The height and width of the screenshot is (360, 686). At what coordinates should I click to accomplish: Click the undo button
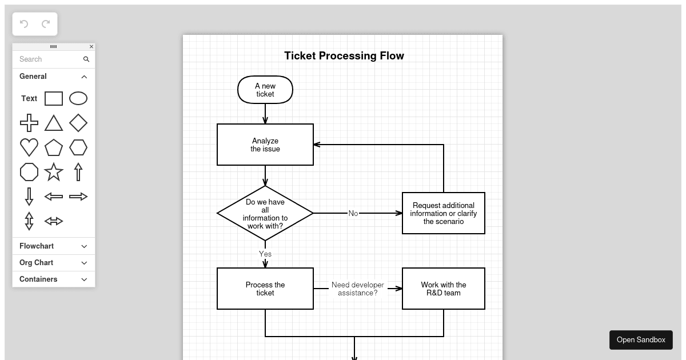(24, 24)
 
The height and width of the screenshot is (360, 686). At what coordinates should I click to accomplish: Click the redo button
(46, 24)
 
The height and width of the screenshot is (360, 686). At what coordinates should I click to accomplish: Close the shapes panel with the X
(91, 46)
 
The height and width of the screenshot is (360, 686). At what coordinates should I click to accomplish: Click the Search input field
(49, 59)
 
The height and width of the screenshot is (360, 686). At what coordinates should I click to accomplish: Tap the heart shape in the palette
(29, 147)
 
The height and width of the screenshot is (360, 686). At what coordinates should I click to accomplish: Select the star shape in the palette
(54, 172)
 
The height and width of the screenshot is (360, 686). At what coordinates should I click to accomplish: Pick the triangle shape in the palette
(54, 123)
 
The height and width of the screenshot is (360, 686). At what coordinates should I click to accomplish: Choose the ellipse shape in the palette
(78, 98)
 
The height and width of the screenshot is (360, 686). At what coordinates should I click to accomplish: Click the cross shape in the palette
(29, 123)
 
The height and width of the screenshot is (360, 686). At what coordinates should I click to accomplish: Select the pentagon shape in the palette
(54, 147)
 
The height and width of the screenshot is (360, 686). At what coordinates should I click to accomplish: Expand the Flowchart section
(54, 246)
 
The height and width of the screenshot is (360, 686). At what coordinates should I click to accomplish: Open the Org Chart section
(54, 263)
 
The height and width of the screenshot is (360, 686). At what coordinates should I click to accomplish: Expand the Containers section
(54, 279)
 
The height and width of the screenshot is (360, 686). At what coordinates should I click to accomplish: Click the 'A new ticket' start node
(265, 90)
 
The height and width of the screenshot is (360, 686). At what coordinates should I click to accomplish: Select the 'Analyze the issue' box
(265, 145)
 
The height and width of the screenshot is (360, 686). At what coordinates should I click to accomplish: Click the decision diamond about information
(265, 213)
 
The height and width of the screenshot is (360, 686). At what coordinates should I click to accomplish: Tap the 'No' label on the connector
(353, 213)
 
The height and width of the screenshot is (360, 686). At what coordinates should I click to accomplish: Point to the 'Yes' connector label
(265, 254)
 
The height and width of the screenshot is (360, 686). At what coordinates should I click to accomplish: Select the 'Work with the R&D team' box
(444, 289)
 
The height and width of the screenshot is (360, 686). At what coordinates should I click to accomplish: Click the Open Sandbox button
(641, 340)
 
